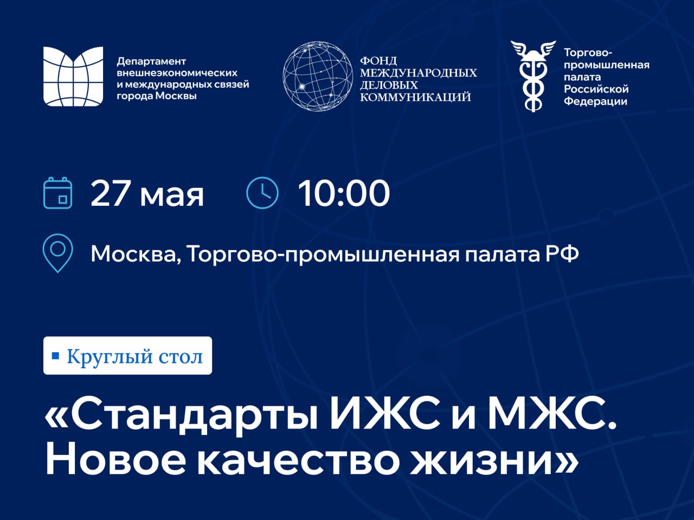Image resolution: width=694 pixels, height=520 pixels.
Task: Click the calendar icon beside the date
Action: tap(57, 193)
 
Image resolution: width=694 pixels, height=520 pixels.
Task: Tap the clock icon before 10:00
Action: tap(262, 193)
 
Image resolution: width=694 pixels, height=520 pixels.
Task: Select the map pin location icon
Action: tap(58, 253)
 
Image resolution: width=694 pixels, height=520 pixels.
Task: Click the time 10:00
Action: tap(344, 193)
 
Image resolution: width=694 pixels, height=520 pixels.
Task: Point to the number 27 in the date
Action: tap(109, 193)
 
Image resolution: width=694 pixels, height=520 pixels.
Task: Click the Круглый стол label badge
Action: tap(127, 355)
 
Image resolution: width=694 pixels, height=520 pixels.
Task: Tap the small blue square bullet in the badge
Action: tap(56, 355)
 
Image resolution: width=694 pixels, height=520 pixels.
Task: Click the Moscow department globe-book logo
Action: tap(73, 76)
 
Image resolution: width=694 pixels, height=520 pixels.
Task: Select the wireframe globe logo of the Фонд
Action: tap(318, 76)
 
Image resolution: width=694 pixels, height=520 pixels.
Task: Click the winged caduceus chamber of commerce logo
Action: tap(534, 76)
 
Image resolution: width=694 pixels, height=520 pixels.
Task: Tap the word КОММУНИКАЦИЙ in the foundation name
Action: tap(415, 97)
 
